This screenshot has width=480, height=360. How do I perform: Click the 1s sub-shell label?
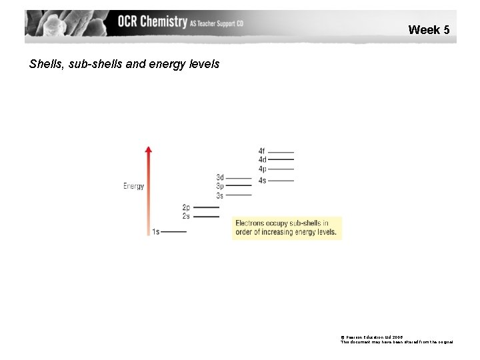pos(155,231)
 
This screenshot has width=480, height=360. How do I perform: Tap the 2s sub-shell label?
pos(186,216)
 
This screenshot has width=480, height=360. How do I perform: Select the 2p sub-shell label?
pos(186,208)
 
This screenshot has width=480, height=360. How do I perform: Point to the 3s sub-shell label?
pos(220,196)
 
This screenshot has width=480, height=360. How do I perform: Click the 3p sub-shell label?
pos(220,187)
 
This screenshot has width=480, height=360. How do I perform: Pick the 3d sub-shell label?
pos(220,178)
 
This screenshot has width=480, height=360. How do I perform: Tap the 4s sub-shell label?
pos(262,180)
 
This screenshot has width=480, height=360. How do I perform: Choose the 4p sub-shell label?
pos(262,169)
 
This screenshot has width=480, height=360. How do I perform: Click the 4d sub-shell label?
pos(262,160)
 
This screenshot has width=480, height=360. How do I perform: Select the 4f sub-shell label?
pos(261,152)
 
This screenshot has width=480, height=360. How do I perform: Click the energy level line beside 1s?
pos(173,231)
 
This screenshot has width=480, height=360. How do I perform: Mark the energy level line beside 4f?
pos(281,153)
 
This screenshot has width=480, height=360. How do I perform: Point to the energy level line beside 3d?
pos(239,179)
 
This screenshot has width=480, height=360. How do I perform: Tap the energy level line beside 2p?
pos(206,208)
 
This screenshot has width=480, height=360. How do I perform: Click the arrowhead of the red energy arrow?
pos(149,149)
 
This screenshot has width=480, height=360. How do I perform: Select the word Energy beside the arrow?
pos(133,186)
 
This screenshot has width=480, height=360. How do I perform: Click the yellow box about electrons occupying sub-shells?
pos(286,228)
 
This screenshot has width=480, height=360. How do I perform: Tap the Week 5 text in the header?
pos(429,30)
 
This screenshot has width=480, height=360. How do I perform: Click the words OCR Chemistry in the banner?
pos(152,22)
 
